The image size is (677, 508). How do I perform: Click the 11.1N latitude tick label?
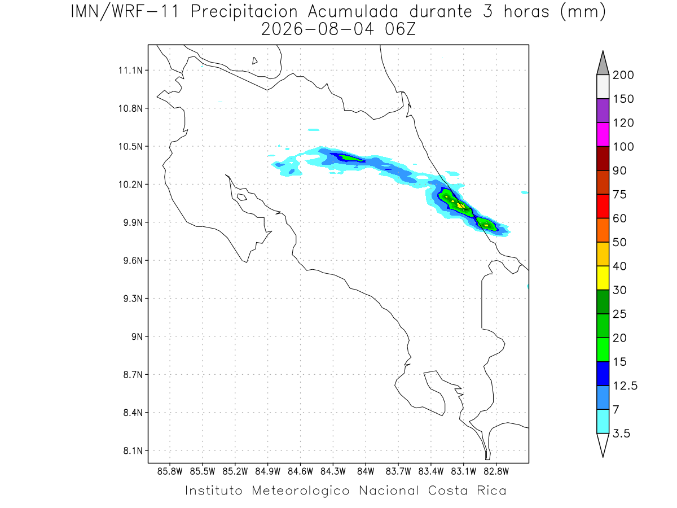[130, 71]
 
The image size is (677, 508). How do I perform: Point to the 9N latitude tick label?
[137, 336]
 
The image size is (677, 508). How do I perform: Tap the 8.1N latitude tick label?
[133, 450]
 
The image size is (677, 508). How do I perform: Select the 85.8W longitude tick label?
[170, 472]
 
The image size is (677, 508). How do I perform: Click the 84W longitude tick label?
[366, 472]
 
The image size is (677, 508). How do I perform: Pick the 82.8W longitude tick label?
[496, 472]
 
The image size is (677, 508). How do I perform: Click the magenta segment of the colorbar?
[603, 134]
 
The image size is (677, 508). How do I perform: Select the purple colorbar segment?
[603, 111]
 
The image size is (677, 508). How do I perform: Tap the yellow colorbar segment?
[603, 278]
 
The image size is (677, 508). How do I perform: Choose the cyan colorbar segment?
[603, 421]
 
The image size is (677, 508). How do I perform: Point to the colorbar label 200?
[623, 75]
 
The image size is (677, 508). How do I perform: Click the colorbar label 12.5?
[625, 386]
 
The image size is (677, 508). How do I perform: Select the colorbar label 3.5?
[621, 433]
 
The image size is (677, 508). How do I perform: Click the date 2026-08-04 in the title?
[318, 29]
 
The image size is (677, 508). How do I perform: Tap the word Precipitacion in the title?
[244, 12]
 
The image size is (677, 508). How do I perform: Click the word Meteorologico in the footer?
[300, 491]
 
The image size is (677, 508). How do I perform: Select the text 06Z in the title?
[401, 29]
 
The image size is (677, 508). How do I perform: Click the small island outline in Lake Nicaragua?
[254, 61]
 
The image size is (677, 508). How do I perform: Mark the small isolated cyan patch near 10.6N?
[314, 130]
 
